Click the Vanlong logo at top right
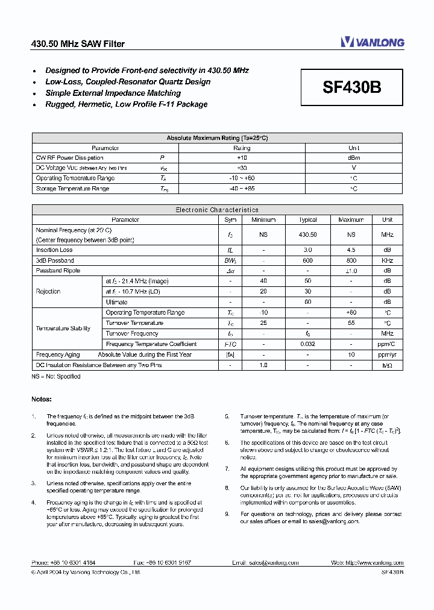[372, 42]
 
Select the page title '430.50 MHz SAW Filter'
[78, 43]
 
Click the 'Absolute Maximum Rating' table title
[217, 138]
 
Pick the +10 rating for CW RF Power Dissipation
[242, 158]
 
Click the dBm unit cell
[354, 158]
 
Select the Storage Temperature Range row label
[72, 189]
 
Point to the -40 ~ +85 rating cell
[242, 189]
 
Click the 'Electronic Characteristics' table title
[217, 210]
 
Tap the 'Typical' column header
[307, 220]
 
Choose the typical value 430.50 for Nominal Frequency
[307, 234]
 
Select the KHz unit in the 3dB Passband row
[387, 260]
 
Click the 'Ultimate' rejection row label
[116, 302]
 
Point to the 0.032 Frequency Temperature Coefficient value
[307, 344]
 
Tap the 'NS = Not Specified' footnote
[55, 376]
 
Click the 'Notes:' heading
[42, 399]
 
